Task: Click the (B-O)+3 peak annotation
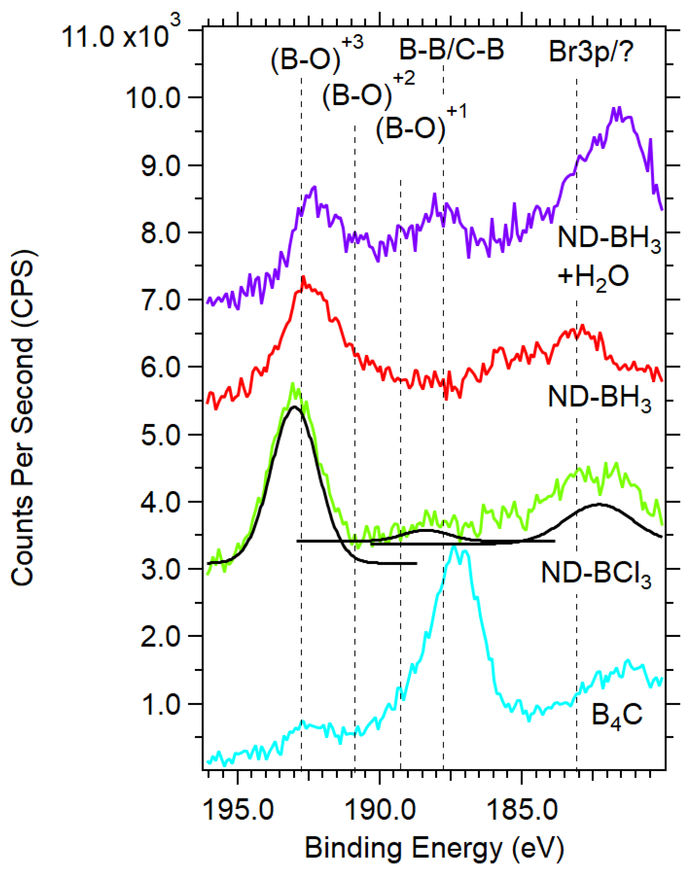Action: tap(317, 56)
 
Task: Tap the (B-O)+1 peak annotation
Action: tap(421, 125)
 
